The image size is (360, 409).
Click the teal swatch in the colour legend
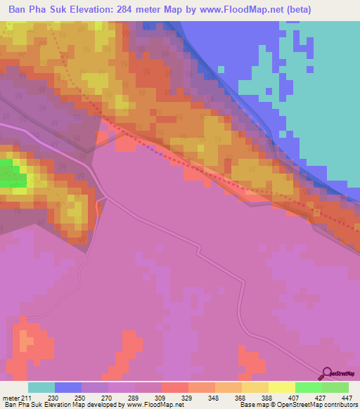click(x=41, y=388)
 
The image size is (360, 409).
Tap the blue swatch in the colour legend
click(x=68, y=388)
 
